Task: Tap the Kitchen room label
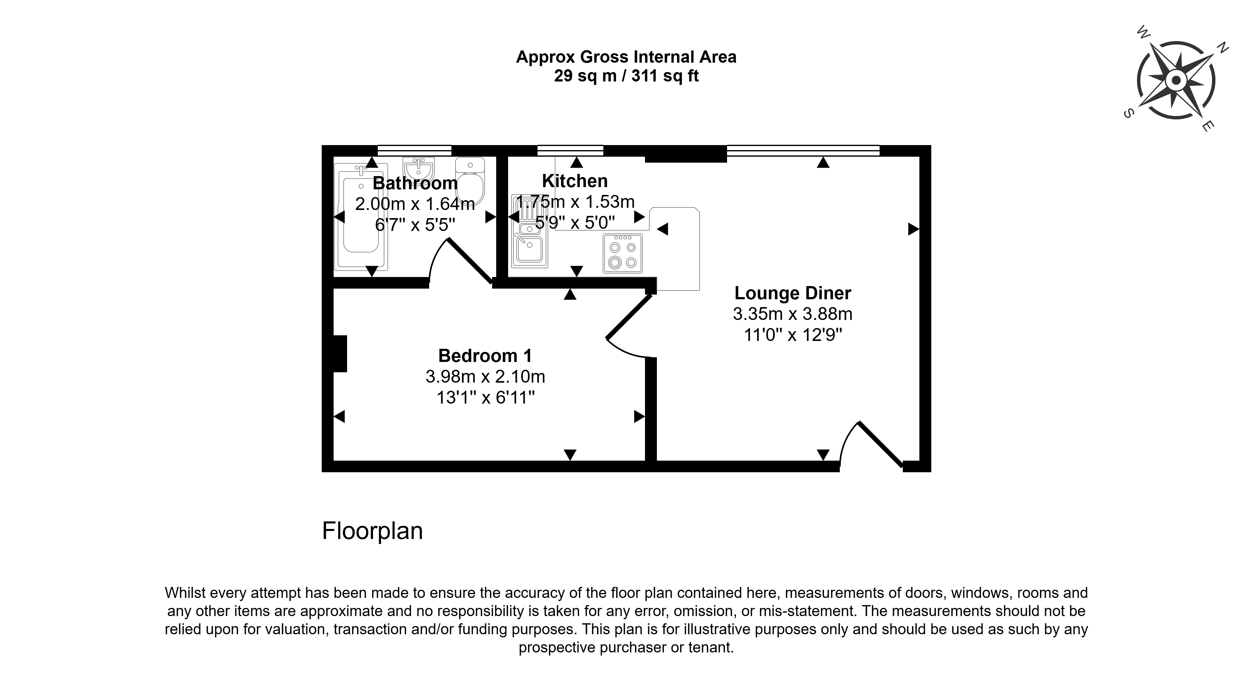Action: click(575, 181)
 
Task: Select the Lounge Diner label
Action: click(793, 293)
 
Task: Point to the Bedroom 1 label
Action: click(485, 356)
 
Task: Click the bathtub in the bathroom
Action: click(361, 217)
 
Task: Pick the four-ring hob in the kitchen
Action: click(623, 253)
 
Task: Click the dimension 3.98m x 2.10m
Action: click(485, 377)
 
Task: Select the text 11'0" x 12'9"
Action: click(793, 335)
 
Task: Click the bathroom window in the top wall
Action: click(414, 150)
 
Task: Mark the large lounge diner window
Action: click(803, 150)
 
